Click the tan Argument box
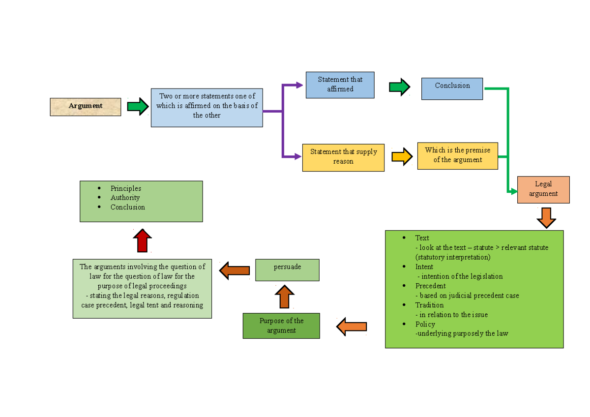(x=85, y=107)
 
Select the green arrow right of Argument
(x=138, y=106)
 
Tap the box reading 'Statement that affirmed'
(x=340, y=85)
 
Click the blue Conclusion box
(x=452, y=89)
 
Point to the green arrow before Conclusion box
(x=399, y=87)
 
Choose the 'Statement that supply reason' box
(x=343, y=157)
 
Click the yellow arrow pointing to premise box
(x=402, y=156)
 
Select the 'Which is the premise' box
(x=457, y=155)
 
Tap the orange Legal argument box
(x=543, y=189)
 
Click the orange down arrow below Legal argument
(x=546, y=217)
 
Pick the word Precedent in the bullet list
(x=430, y=286)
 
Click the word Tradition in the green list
(x=429, y=305)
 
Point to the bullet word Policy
(x=425, y=324)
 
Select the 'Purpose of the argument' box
(x=281, y=326)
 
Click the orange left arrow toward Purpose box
(x=352, y=327)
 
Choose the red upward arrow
(x=142, y=240)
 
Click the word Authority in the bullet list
(x=125, y=198)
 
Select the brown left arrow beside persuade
(x=235, y=270)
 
